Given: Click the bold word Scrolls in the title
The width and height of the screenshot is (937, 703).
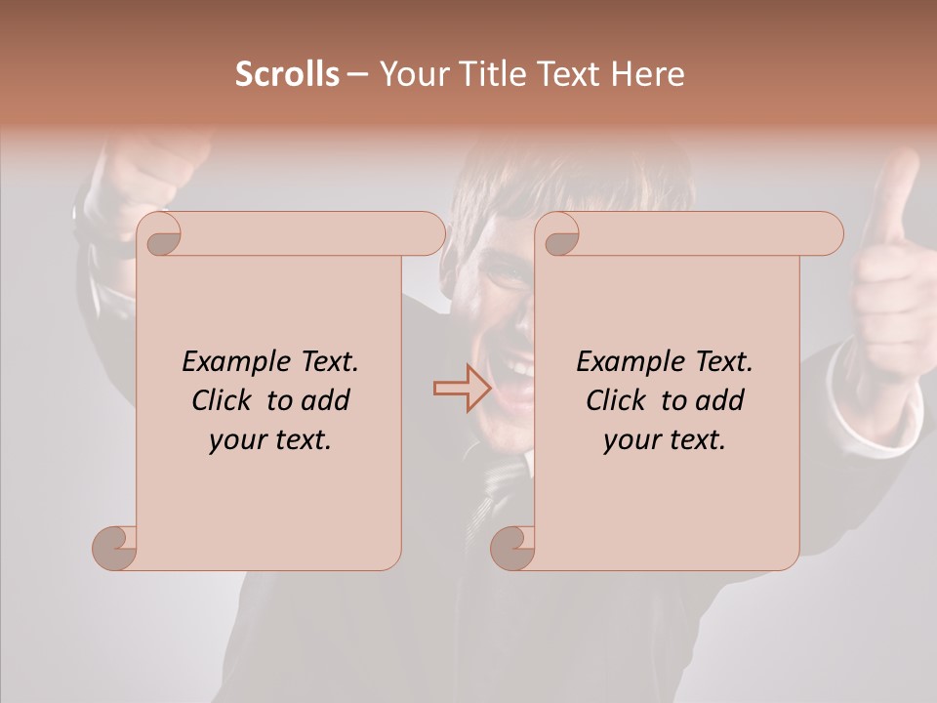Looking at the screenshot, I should [287, 74].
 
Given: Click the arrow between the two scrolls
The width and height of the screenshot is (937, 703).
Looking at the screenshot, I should [462, 389].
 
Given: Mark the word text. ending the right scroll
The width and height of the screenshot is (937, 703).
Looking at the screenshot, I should [693, 440].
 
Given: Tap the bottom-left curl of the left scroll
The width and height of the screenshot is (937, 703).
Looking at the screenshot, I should [114, 548].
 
